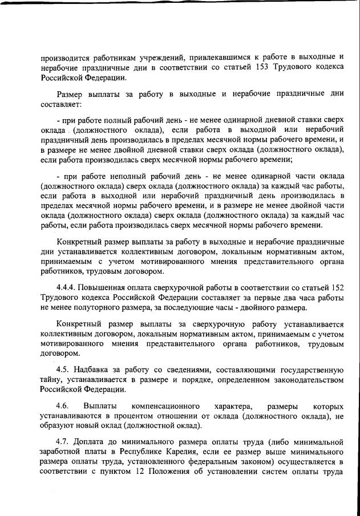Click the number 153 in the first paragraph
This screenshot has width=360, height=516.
(x=254, y=67)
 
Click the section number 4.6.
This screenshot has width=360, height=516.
(x=63, y=406)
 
